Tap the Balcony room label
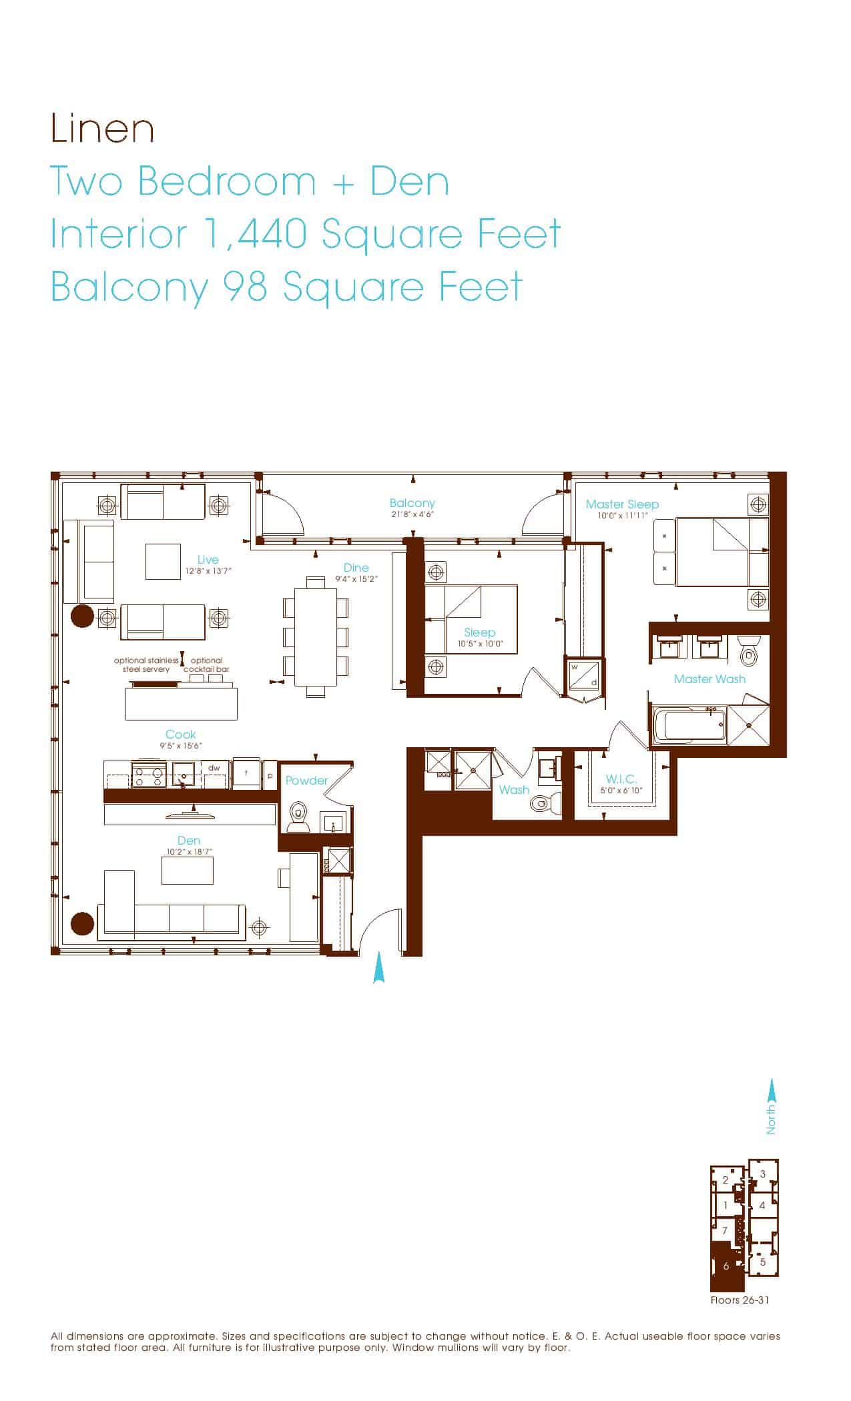pyautogui.click(x=412, y=503)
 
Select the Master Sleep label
pyautogui.click(x=622, y=504)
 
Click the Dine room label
pyautogui.click(x=356, y=568)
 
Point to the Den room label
pyautogui.click(x=189, y=841)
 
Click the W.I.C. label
pyautogui.click(x=621, y=779)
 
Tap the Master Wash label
pyautogui.click(x=710, y=679)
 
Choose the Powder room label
pyautogui.click(x=307, y=781)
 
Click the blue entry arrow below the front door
pyautogui.click(x=379, y=967)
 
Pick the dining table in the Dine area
pyautogui.click(x=316, y=637)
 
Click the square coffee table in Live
pyautogui.click(x=164, y=562)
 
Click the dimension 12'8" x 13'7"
pyautogui.click(x=208, y=571)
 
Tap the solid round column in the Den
pyautogui.click(x=82, y=923)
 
